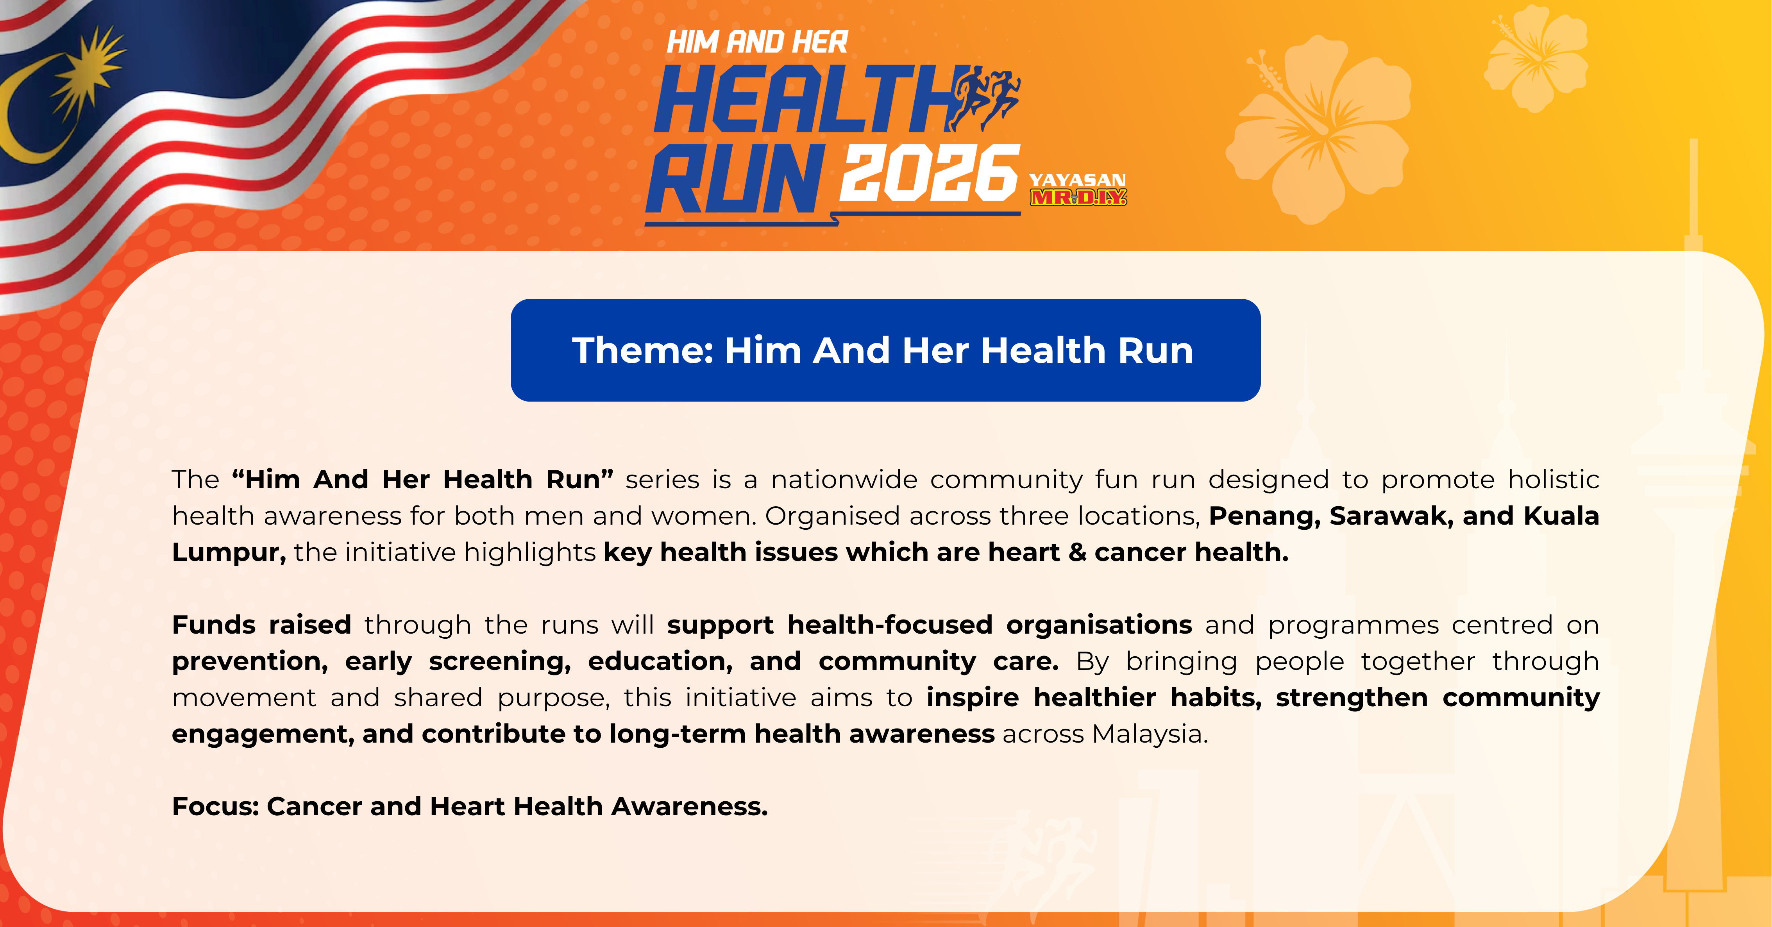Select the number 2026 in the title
(x=929, y=173)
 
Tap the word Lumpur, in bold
(x=228, y=553)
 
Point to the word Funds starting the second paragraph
(x=213, y=624)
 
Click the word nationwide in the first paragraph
(x=844, y=479)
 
